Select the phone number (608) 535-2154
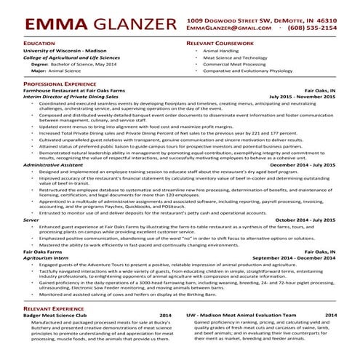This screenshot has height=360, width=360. point(312,28)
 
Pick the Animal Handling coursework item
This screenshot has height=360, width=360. point(221,52)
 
